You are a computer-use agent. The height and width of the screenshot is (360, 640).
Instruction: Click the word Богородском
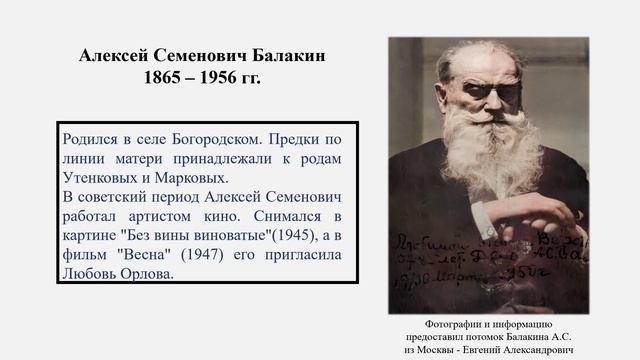[197, 141]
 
